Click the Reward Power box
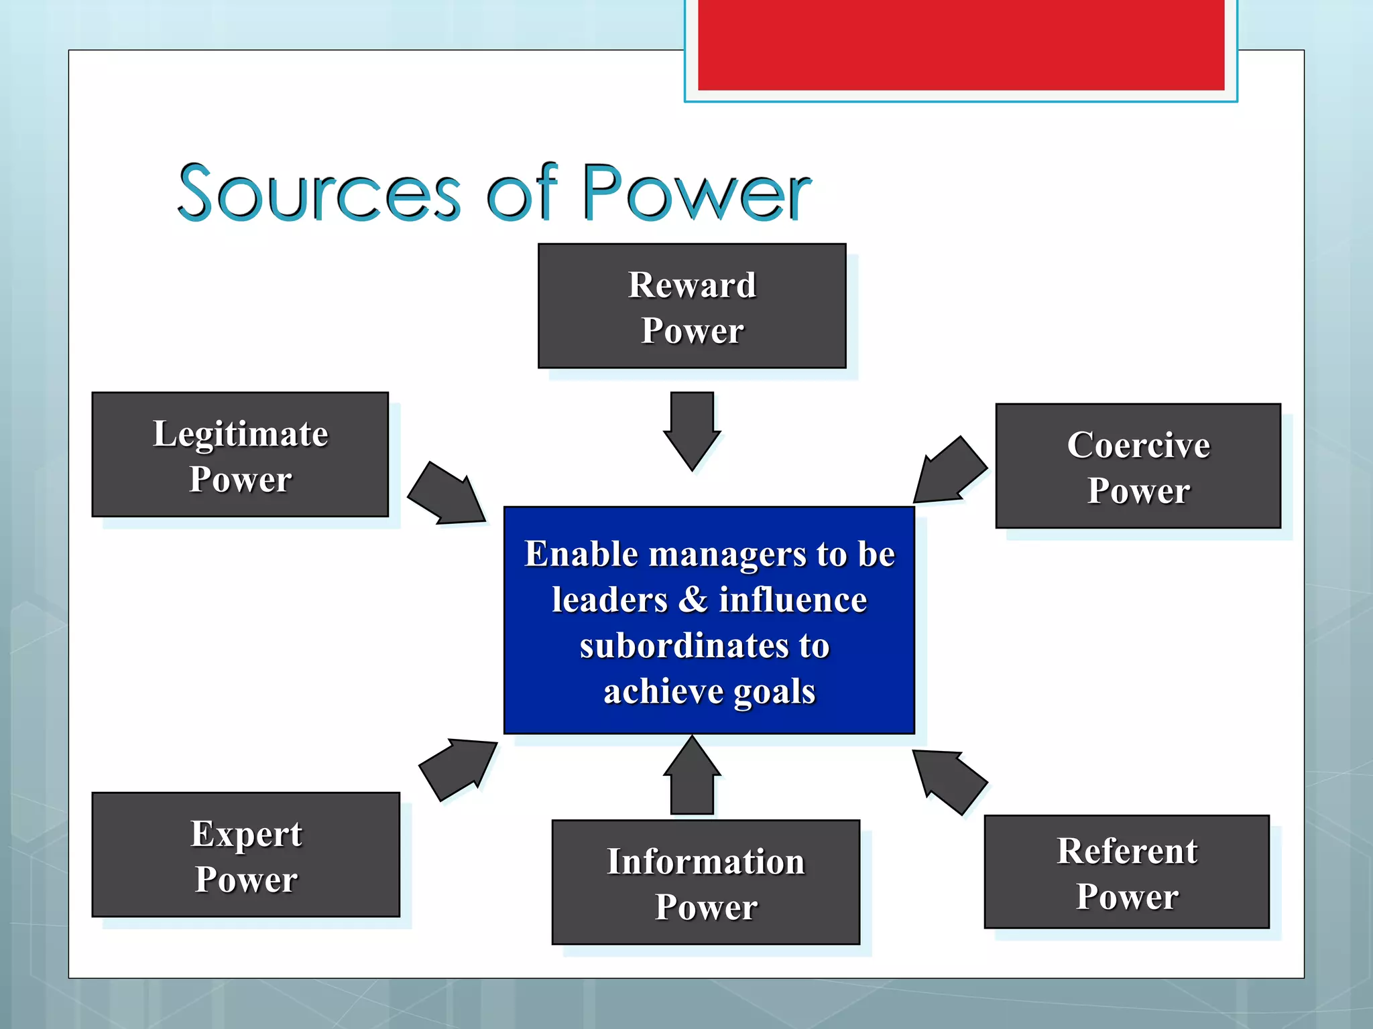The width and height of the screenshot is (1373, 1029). click(692, 305)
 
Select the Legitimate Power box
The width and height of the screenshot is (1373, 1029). click(240, 454)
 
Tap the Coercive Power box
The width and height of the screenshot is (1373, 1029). click(1138, 466)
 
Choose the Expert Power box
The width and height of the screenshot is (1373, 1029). click(245, 854)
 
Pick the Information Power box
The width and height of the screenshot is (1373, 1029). click(705, 882)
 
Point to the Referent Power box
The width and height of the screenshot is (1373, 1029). click(1126, 871)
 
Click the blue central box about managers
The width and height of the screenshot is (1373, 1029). click(709, 620)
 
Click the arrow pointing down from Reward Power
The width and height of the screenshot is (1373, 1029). click(692, 429)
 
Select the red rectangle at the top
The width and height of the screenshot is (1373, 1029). click(961, 44)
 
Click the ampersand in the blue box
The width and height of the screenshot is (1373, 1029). click(693, 599)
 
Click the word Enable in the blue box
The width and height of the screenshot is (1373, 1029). click(581, 554)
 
